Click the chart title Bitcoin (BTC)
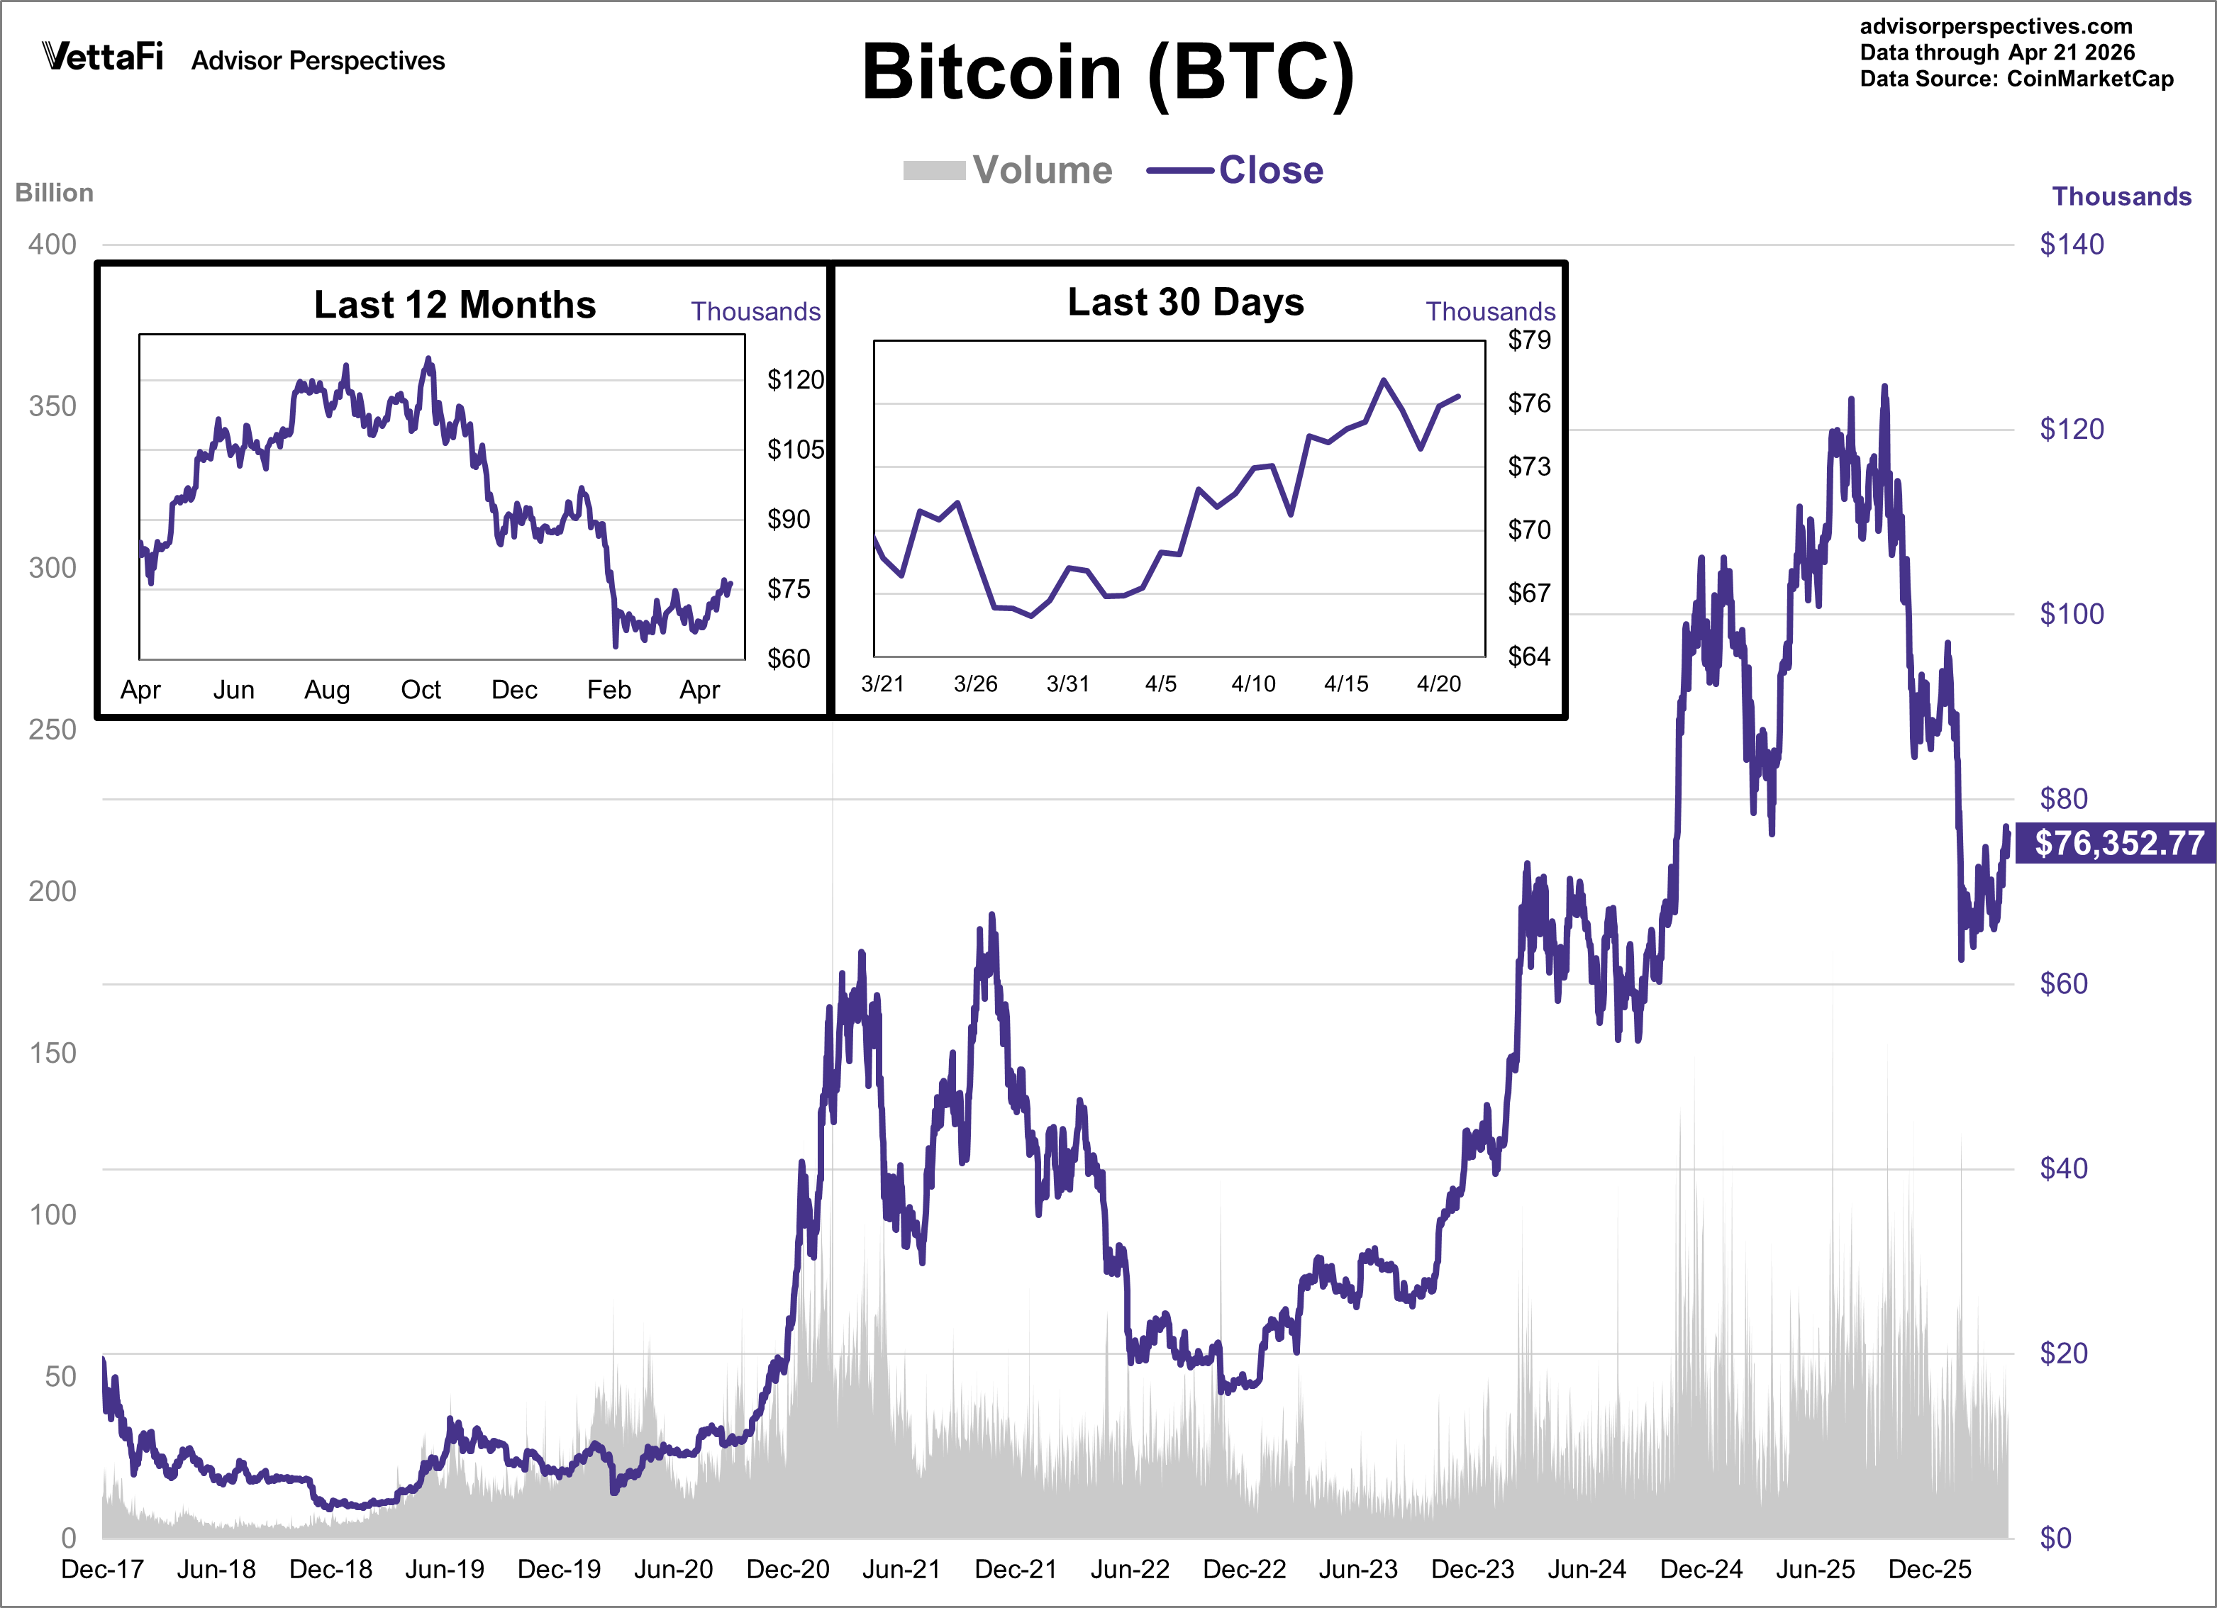pyautogui.click(x=1108, y=72)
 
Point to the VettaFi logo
pyautogui.click(x=103, y=57)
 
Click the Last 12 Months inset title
pyautogui.click(x=455, y=305)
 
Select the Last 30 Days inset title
pyautogui.click(x=1185, y=302)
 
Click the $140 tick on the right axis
pyautogui.click(x=2072, y=245)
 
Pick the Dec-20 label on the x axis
pyautogui.click(x=788, y=1569)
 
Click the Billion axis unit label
pyautogui.click(x=55, y=193)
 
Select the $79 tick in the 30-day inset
pyautogui.click(x=1529, y=340)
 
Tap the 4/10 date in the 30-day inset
pyautogui.click(x=1253, y=684)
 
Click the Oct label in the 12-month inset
pyautogui.click(x=421, y=690)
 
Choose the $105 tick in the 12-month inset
pyautogui.click(x=796, y=450)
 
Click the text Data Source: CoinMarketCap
pyautogui.click(x=2016, y=79)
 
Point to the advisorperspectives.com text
pyautogui.click(x=1996, y=26)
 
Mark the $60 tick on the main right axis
pyautogui.click(x=2064, y=983)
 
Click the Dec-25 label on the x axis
pyautogui.click(x=1930, y=1569)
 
